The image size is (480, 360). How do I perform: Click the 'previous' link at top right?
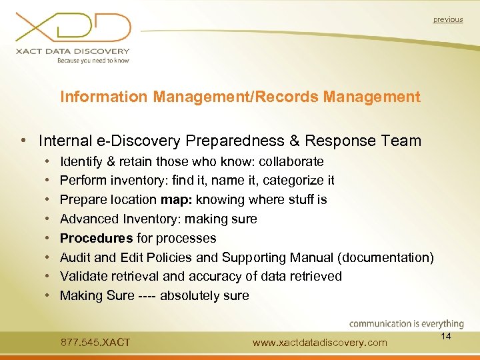tap(447, 20)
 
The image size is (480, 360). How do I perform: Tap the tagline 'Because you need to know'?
tap(93, 60)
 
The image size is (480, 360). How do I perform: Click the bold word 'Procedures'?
tap(96, 238)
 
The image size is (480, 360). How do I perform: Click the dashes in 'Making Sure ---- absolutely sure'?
tap(147, 295)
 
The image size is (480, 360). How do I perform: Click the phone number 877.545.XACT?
tap(95, 343)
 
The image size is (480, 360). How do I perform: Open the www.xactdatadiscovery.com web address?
tap(320, 343)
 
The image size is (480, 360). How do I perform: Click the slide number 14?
tap(446, 336)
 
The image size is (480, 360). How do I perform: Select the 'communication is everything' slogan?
tap(407, 324)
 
